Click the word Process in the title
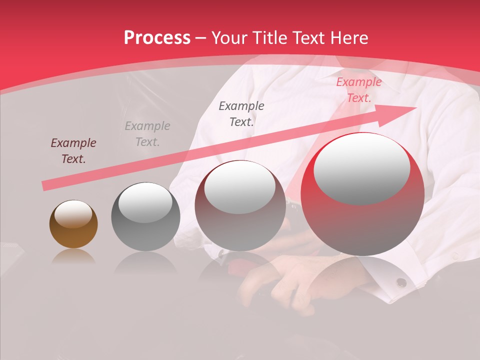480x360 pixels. pos(157,37)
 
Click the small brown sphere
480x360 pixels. pos(73,224)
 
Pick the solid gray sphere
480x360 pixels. pos(145,216)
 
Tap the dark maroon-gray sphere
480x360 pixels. pos(240,206)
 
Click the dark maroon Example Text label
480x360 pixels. pos(73,151)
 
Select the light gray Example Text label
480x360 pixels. pos(147,134)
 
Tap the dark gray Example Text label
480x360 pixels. pos(241,113)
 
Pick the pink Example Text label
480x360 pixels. pos(358,90)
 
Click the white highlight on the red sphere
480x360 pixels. pos(361,168)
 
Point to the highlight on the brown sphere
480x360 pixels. pos(73,214)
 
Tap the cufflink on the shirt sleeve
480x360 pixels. pos(401,282)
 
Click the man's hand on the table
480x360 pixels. pos(280,285)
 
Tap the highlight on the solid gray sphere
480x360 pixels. pos(145,202)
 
